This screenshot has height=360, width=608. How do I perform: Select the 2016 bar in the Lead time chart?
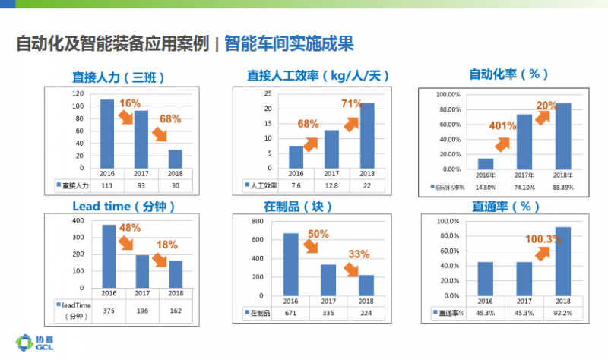[x=108, y=257]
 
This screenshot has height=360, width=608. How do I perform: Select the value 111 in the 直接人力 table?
[x=107, y=185]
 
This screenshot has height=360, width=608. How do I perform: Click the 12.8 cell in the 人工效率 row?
[x=331, y=185]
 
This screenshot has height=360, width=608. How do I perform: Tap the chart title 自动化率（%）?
[x=508, y=74]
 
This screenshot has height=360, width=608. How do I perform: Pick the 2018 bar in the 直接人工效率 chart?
[x=366, y=134]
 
